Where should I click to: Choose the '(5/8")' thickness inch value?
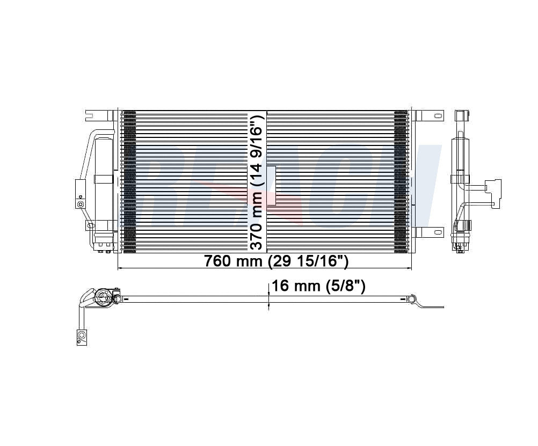pos(346,286)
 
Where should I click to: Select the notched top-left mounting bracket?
pos(92,115)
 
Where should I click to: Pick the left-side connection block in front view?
pos(80,194)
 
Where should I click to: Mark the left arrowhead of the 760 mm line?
pos(119,267)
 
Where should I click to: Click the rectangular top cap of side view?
pos(460,116)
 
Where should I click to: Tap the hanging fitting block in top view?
pos(82,337)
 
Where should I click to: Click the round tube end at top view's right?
pos(412,298)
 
